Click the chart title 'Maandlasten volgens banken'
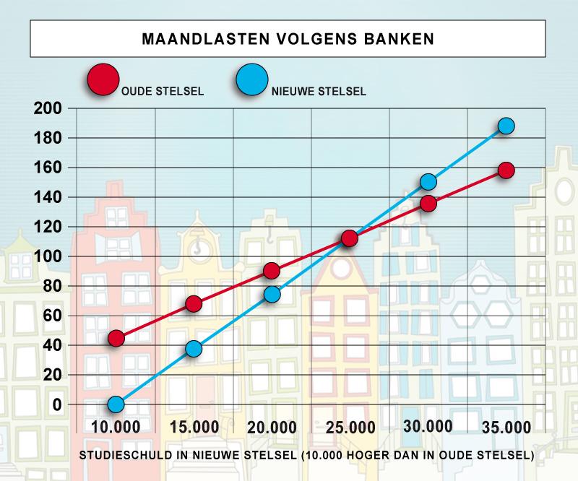288,39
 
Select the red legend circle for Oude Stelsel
103,79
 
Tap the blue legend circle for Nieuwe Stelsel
252,79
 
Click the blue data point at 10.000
116,404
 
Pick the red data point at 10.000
116,338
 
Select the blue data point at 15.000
194,349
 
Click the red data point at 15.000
194,304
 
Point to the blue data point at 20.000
272,294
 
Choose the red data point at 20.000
272,271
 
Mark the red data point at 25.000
350,238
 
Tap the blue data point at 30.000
428,182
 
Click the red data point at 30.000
428,204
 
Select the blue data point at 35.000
506,126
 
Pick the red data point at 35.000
506,170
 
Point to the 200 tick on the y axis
48,108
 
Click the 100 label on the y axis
48,256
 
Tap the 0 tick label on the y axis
57,404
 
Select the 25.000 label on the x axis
350,428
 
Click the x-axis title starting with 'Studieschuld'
306,455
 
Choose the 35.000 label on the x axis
506,428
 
